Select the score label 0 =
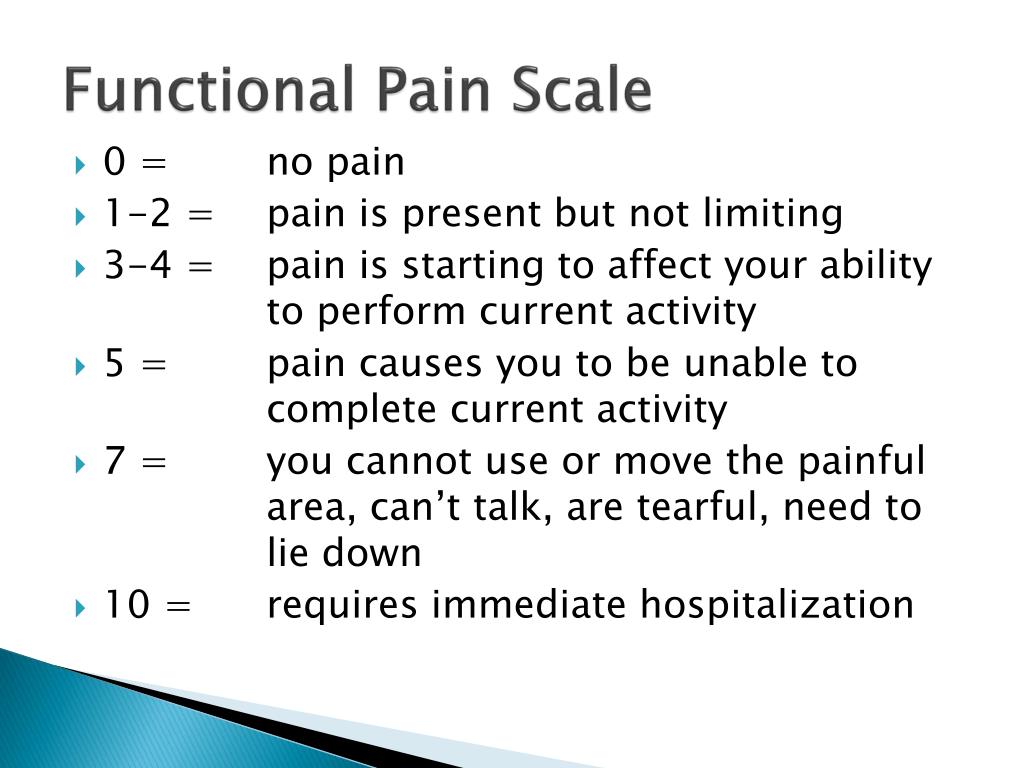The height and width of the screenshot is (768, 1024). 135,163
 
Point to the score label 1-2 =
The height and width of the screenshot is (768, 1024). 159,214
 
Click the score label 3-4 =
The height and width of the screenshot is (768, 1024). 159,266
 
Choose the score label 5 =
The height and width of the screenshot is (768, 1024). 135,364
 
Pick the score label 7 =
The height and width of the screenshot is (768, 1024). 135,462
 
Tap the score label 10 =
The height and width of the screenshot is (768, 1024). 148,605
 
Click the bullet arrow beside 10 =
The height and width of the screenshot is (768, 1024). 81,606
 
